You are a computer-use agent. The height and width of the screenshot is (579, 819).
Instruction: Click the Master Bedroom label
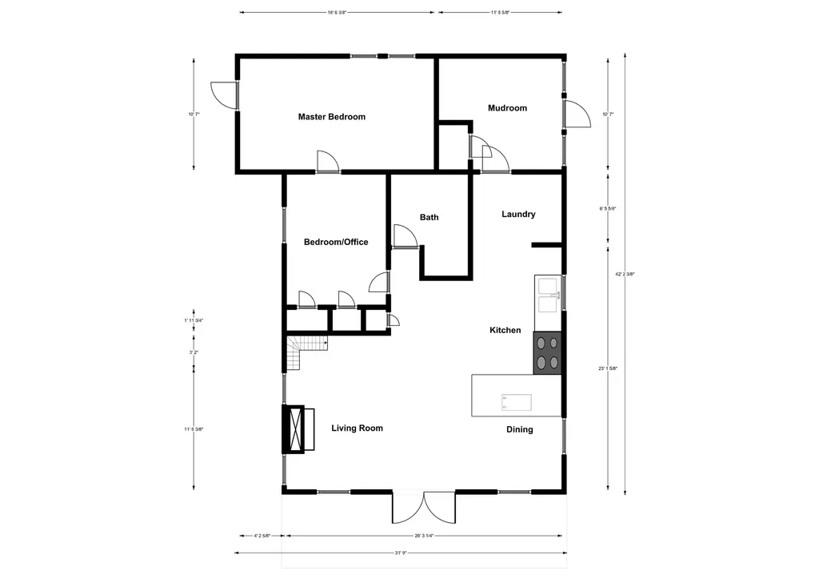[x=331, y=117]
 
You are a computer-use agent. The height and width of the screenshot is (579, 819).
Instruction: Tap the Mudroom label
[x=507, y=108]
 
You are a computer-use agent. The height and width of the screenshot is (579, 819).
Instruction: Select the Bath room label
[x=429, y=217]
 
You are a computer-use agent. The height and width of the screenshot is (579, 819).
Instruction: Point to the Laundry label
[x=518, y=214]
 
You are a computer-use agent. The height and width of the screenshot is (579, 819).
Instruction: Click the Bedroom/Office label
[x=336, y=242]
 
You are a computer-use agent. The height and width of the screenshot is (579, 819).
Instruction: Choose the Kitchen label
[x=505, y=330]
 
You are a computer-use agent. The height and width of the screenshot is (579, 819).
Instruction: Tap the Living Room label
[x=357, y=428]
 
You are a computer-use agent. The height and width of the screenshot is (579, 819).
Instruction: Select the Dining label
[x=519, y=430]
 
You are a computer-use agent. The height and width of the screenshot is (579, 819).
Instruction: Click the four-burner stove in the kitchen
[x=548, y=352]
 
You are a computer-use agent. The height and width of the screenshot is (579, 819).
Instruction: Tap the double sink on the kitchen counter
[x=546, y=295]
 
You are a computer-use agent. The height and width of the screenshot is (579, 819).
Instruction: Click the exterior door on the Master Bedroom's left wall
[x=225, y=95]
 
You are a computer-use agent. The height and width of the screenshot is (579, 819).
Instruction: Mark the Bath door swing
[x=402, y=236]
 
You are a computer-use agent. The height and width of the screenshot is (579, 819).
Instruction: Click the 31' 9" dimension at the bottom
[x=401, y=552]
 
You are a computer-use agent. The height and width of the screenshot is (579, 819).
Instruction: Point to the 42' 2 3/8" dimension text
[x=625, y=274]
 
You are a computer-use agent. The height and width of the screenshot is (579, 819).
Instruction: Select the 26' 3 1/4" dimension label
[x=424, y=537]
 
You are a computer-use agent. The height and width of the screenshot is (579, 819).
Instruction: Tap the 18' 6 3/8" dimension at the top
[x=337, y=13]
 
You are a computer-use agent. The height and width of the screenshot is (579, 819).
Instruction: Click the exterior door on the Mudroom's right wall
[x=573, y=113]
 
